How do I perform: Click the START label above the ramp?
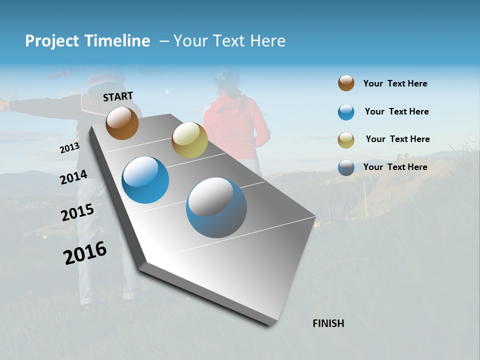click(x=118, y=96)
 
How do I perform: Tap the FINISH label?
click(x=328, y=323)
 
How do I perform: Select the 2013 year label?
click(x=69, y=148)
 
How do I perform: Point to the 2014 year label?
click(x=73, y=177)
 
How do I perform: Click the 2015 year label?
click(x=77, y=212)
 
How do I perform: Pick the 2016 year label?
click(x=85, y=253)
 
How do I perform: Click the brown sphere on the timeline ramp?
click(x=122, y=123)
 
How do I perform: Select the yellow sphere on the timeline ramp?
click(x=189, y=140)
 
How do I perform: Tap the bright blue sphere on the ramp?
click(x=145, y=180)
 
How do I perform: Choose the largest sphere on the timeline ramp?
click(x=216, y=207)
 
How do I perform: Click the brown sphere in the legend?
click(x=346, y=83)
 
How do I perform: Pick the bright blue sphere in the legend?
click(x=346, y=112)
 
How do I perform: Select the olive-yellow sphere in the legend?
click(x=346, y=139)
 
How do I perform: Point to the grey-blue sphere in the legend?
click(x=346, y=167)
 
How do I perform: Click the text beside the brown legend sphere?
click(x=395, y=83)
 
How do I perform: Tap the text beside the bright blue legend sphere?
click(x=396, y=111)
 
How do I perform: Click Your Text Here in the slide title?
click(x=229, y=41)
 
